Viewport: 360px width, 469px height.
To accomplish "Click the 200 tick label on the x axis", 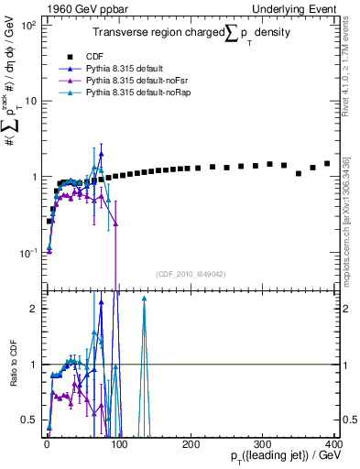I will (191, 444).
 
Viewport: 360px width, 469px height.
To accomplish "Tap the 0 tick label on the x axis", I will (46, 444).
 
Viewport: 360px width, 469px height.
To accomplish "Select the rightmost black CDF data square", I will (327, 164).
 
